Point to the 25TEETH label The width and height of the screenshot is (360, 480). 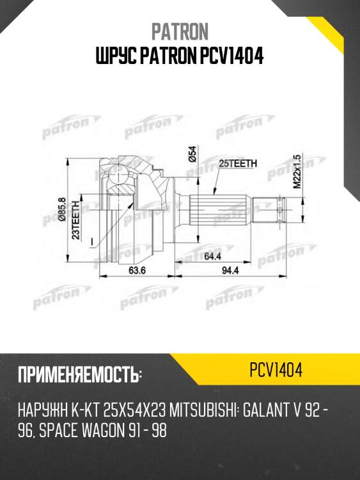point(238,164)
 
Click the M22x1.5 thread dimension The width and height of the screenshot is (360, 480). point(296,170)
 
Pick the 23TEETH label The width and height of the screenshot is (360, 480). point(75,220)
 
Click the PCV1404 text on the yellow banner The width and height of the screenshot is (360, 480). point(276,371)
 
